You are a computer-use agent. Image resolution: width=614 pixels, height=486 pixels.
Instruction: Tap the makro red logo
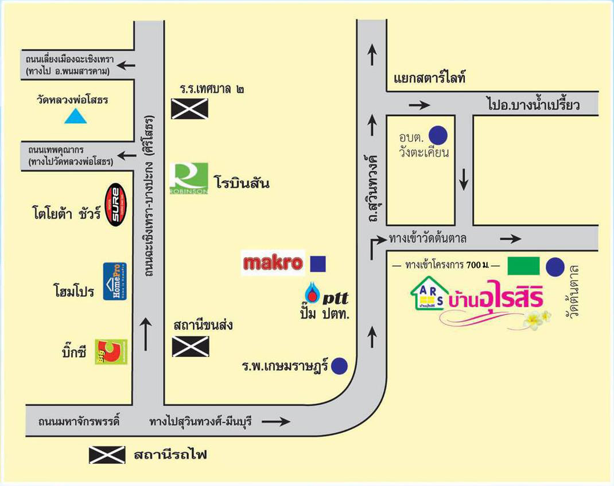[x=273, y=264]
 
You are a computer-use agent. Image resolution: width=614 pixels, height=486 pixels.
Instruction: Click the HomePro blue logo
[x=115, y=281]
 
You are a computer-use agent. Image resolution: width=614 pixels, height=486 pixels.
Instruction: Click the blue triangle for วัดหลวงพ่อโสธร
[x=75, y=117]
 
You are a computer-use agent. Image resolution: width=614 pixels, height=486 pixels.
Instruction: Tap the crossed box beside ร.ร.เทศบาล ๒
[x=189, y=108]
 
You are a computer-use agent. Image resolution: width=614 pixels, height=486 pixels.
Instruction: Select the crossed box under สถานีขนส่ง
[x=191, y=346]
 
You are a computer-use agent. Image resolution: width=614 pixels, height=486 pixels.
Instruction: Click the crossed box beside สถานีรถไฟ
[x=107, y=455]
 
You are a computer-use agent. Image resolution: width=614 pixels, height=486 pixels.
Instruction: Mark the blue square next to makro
[x=318, y=264]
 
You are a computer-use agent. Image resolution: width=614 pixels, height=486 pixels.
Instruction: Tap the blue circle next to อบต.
[x=439, y=135]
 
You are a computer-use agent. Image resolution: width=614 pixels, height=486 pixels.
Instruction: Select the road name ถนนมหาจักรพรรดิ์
[x=79, y=422]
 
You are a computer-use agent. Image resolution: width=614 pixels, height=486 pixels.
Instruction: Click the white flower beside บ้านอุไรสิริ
[x=537, y=319]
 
